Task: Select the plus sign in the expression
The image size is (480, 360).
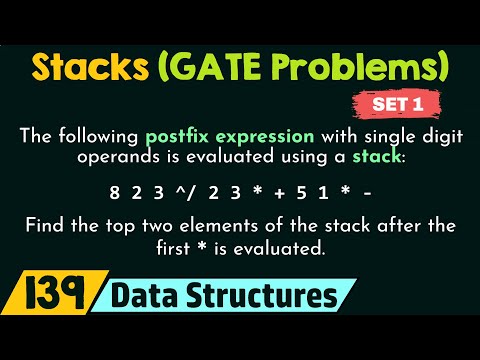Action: pyautogui.click(x=272, y=190)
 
